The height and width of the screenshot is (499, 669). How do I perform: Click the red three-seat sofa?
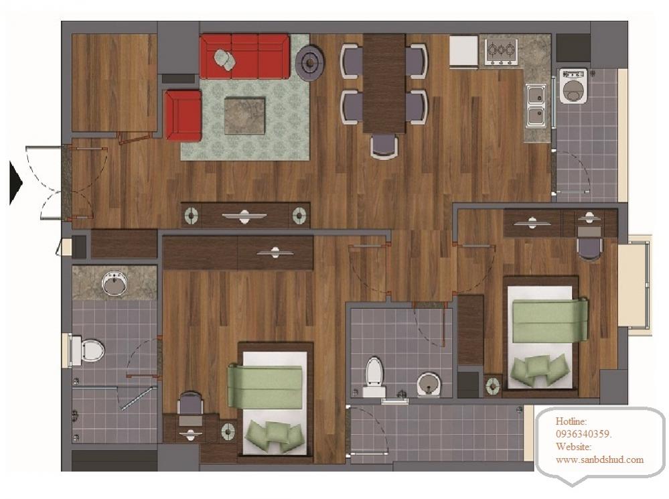(x=244, y=56)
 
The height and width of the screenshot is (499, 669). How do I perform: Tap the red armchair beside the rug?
(x=183, y=115)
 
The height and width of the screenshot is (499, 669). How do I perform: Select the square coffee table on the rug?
(x=245, y=116)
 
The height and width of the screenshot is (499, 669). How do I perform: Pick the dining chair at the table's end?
(x=384, y=147)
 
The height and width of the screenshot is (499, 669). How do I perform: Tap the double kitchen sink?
(x=536, y=105)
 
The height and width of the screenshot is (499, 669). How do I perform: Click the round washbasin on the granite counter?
(x=115, y=283)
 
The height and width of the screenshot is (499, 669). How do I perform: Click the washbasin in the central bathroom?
(x=429, y=384)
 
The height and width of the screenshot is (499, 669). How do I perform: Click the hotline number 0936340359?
(x=583, y=434)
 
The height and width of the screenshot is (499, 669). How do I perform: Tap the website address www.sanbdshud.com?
(x=599, y=459)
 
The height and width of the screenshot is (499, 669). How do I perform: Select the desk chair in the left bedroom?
(x=190, y=403)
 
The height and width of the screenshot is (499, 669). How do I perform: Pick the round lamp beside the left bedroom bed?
(x=228, y=431)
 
